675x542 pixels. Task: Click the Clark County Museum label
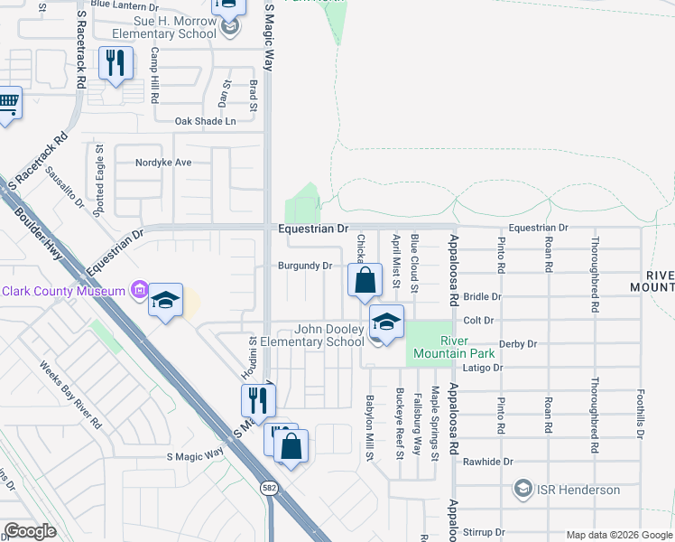pos(62,291)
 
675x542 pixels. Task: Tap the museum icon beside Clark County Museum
pos(139,290)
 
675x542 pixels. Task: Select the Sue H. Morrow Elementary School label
pos(159,27)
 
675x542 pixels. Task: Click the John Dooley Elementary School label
pos(312,336)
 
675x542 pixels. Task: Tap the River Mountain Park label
pos(470,346)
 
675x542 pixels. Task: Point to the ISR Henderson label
pos(579,490)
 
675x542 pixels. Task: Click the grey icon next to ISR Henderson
pos(522,490)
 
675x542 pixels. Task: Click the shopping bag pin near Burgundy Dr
pos(365,280)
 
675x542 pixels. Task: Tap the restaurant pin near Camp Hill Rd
pos(115,62)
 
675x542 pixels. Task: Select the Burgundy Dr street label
pos(304,266)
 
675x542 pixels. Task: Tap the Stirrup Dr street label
pos(485,533)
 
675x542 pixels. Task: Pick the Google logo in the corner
pos(30,531)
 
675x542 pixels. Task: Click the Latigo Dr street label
pos(484,368)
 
